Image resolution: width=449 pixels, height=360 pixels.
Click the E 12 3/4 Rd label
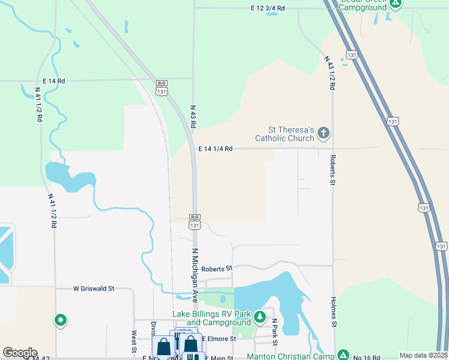click(259, 8)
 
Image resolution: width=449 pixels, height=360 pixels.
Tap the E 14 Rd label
click(53, 80)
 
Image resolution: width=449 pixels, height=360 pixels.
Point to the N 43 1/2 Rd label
click(330, 73)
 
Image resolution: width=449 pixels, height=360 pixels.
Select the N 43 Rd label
click(193, 113)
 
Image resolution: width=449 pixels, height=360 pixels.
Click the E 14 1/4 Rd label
click(215, 149)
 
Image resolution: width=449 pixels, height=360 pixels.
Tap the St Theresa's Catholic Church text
click(285, 134)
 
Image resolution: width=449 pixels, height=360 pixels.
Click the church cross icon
click(324, 133)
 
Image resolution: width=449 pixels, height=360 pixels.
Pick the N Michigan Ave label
click(195, 274)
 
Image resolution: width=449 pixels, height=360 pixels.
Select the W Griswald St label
click(94, 289)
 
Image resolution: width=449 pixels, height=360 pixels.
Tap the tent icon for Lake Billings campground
click(259, 316)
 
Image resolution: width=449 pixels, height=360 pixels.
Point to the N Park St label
click(274, 331)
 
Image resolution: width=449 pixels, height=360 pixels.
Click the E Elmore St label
click(219, 339)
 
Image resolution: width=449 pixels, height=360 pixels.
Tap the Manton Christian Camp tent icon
click(343, 355)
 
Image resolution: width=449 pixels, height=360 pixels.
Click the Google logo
click(20, 353)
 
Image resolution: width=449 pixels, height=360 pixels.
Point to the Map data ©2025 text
click(424, 355)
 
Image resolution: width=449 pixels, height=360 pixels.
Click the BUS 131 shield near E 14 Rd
click(161, 88)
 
